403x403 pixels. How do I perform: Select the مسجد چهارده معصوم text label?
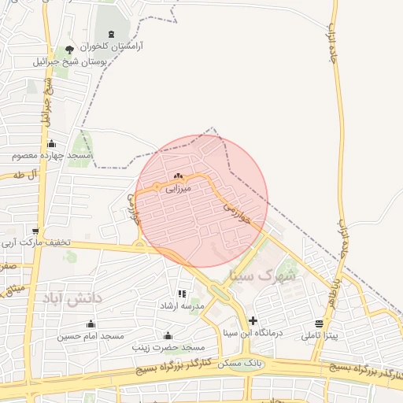(52, 157)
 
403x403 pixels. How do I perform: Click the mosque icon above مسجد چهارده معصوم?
(52, 143)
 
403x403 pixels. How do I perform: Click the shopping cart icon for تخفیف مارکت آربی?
(36, 231)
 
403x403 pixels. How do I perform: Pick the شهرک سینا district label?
(263, 276)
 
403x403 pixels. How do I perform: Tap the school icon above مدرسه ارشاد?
(182, 294)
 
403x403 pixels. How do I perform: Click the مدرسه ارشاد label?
(182, 305)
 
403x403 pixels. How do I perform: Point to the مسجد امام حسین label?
(91, 336)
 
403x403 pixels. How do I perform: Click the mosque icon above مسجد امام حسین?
(91, 324)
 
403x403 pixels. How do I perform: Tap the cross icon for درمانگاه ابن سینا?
(253, 320)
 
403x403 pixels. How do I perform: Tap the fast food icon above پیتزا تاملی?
(319, 324)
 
